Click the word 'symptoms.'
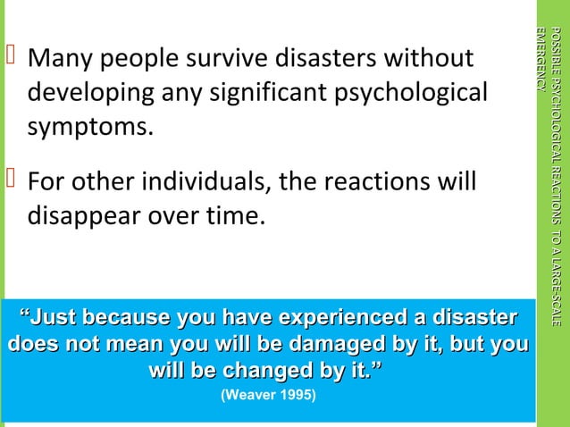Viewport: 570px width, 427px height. point(88,128)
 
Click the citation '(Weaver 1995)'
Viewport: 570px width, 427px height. point(268,394)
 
